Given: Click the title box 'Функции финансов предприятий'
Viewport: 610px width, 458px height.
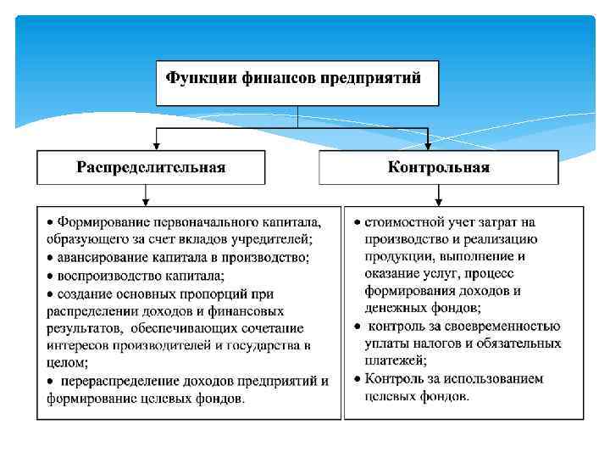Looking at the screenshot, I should click(x=297, y=82).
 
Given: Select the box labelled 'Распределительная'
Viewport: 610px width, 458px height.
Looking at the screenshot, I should click(x=151, y=167).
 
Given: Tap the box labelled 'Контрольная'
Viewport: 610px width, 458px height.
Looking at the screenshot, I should click(x=438, y=167).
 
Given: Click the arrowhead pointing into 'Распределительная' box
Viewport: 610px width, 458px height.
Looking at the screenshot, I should click(x=155, y=146).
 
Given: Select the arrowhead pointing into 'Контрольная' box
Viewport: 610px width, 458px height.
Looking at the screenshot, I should click(x=429, y=146).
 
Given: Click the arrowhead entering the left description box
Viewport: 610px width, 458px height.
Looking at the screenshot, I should click(x=147, y=201).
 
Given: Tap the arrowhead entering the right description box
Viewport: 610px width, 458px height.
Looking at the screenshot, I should click(x=437, y=201).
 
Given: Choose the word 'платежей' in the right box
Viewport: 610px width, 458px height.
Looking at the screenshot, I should click(x=394, y=360).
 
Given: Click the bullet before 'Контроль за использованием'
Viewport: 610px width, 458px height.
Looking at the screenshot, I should click(x=358, y=378).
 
